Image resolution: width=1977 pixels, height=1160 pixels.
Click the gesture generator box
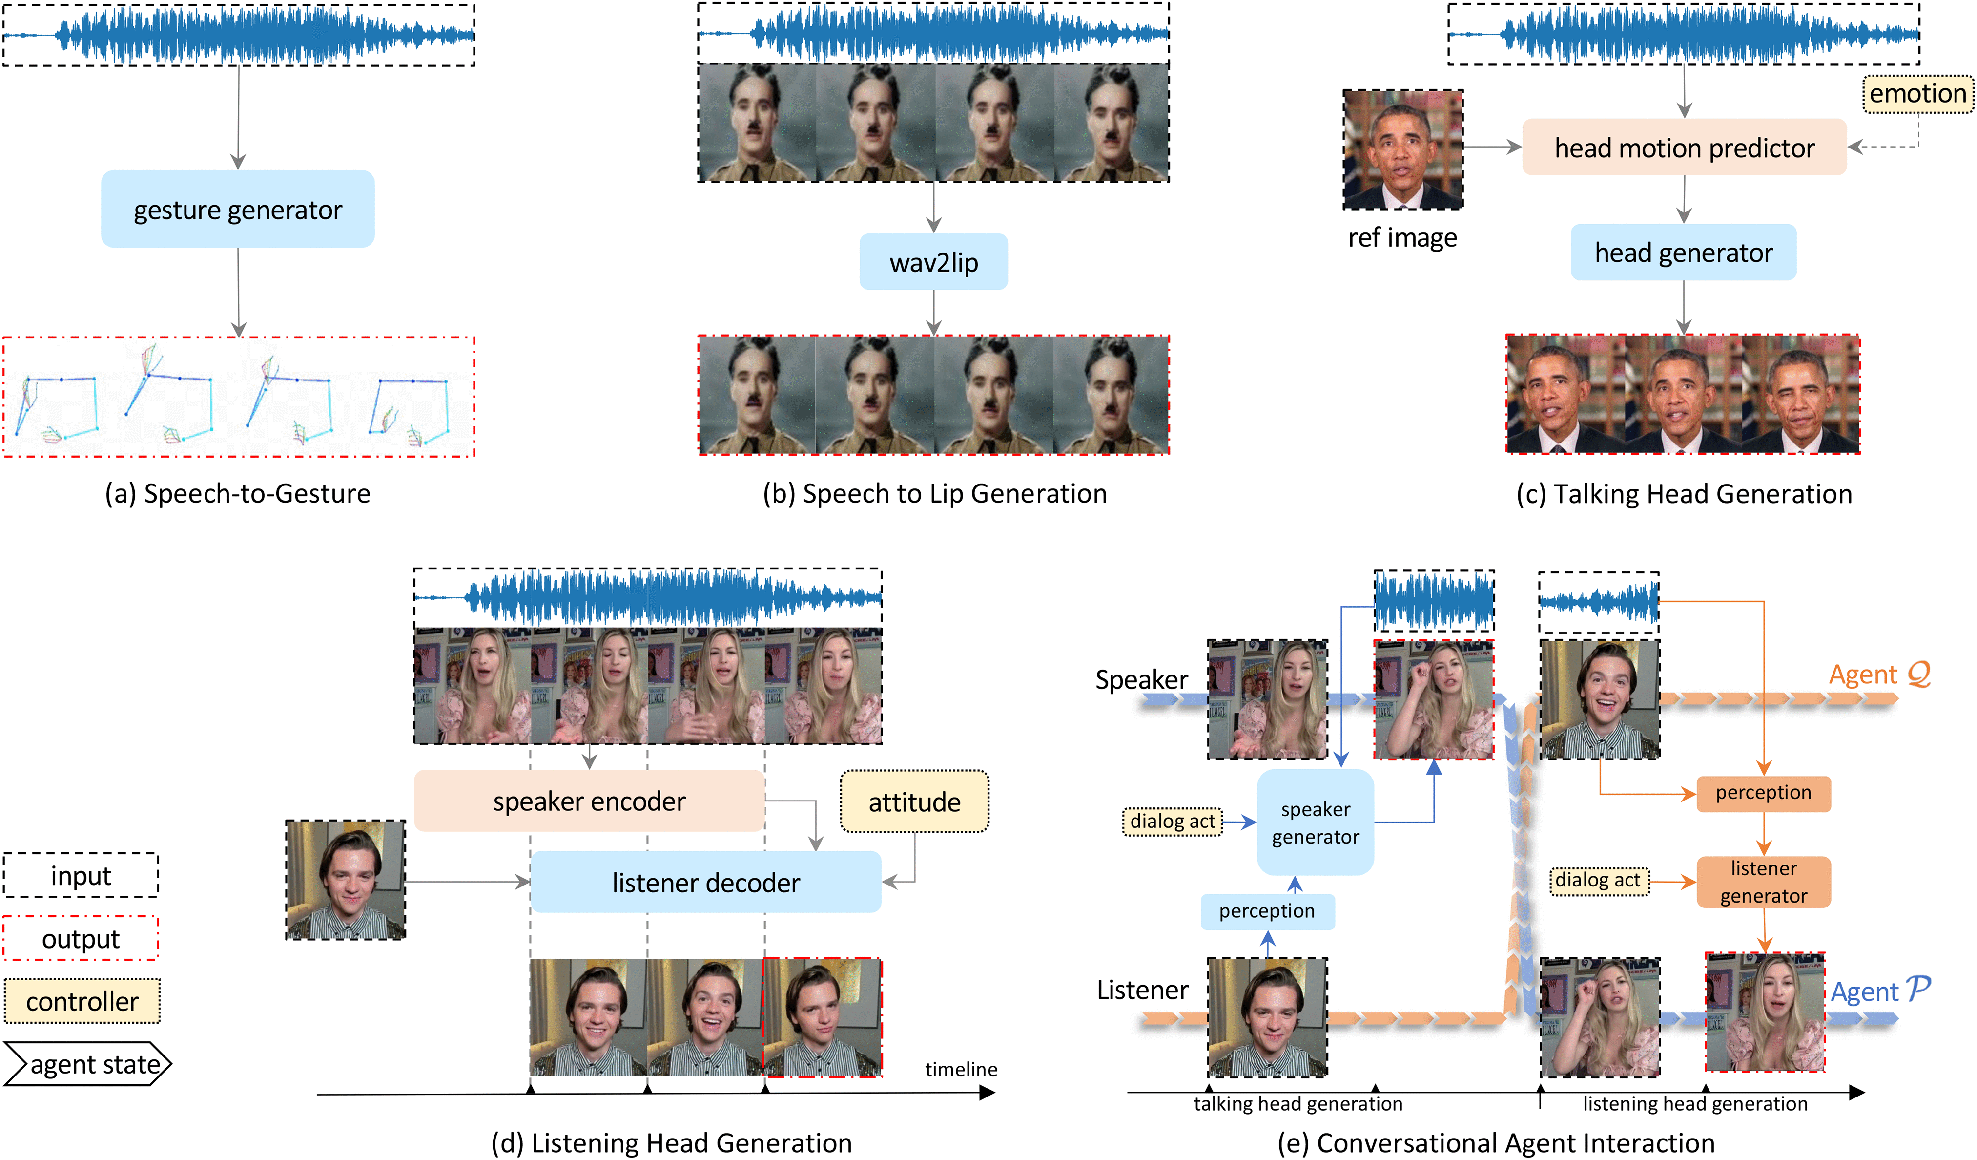[238, 210]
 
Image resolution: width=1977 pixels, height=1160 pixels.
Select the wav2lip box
[933, 262]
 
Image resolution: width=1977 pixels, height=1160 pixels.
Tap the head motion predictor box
[1685, 148]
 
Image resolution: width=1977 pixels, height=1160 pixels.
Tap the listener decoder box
[706, 882]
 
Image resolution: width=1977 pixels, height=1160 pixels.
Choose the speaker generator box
[1315, 823]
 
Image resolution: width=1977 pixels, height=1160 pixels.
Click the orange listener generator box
[1764, 882]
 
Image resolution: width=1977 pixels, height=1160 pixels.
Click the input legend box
[81, 875]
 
